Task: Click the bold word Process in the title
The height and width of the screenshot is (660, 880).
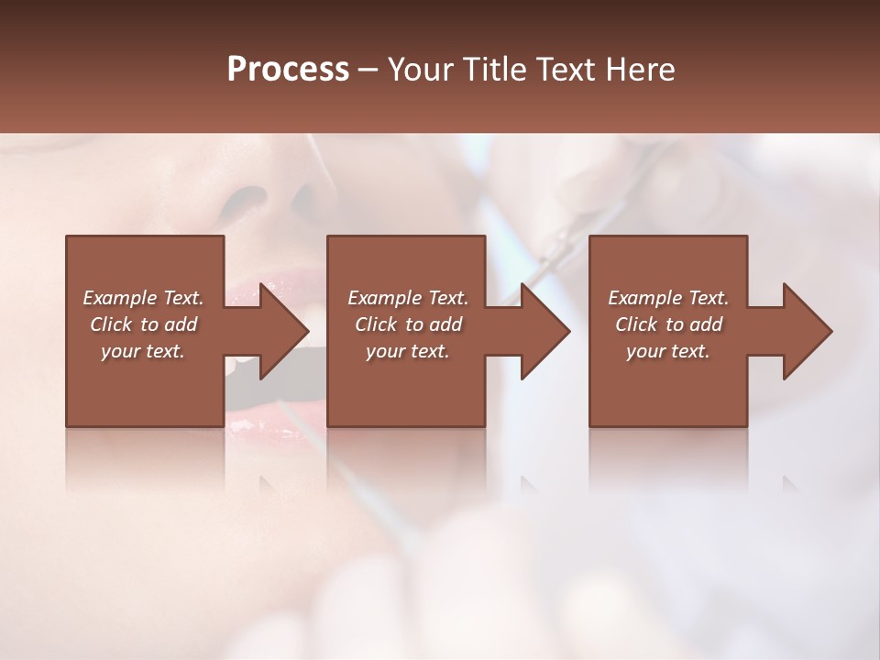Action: click(288, 70)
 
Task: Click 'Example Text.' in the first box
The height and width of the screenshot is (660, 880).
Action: click(143, 298)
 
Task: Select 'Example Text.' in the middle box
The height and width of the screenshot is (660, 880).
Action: click(408, 298)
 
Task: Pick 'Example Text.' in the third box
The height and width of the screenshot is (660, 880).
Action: click(668, 298)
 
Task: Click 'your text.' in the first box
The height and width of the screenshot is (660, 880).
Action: click(143, 351)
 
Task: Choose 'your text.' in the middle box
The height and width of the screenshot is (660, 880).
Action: click(408, 351)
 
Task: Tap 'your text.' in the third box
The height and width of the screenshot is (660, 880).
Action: click(668, 351)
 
